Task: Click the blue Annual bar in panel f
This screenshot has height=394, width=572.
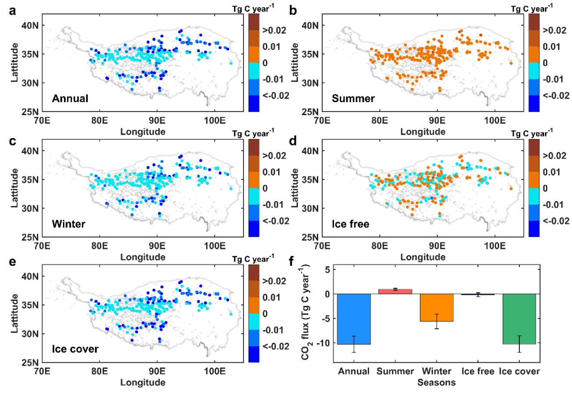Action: point(354,318)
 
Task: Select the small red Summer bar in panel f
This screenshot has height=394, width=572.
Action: point(395,291)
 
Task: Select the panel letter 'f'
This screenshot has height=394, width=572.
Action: point(293,261)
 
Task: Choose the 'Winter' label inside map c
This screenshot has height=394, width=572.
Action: point(68,224)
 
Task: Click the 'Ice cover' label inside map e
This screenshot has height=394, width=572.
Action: point(72,349)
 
